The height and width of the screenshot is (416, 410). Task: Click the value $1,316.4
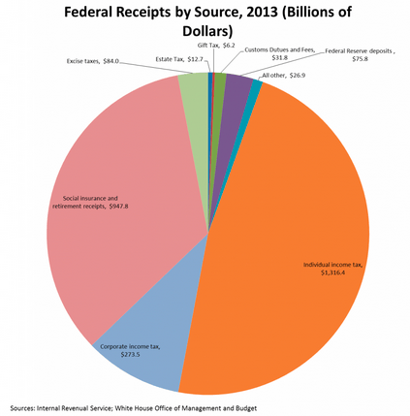click(333, 272)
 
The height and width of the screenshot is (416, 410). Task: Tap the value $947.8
click(118, 207)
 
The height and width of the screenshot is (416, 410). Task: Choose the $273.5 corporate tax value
click(130, 355)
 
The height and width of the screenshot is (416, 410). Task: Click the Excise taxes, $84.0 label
click(93, 61)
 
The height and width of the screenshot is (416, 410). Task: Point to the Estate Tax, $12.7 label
click(179, 59)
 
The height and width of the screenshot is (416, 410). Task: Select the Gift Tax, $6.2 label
click(216, 46)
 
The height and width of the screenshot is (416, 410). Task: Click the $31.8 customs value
click(280, 58)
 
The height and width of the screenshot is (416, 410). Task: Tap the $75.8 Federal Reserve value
click(361, 59)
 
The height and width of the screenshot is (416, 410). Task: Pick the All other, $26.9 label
click(284, 76)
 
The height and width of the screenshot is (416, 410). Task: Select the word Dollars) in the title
click(207, 32)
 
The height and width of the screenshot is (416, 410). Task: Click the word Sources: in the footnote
click(22, 408)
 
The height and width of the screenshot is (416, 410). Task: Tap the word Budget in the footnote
click(247, 408)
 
